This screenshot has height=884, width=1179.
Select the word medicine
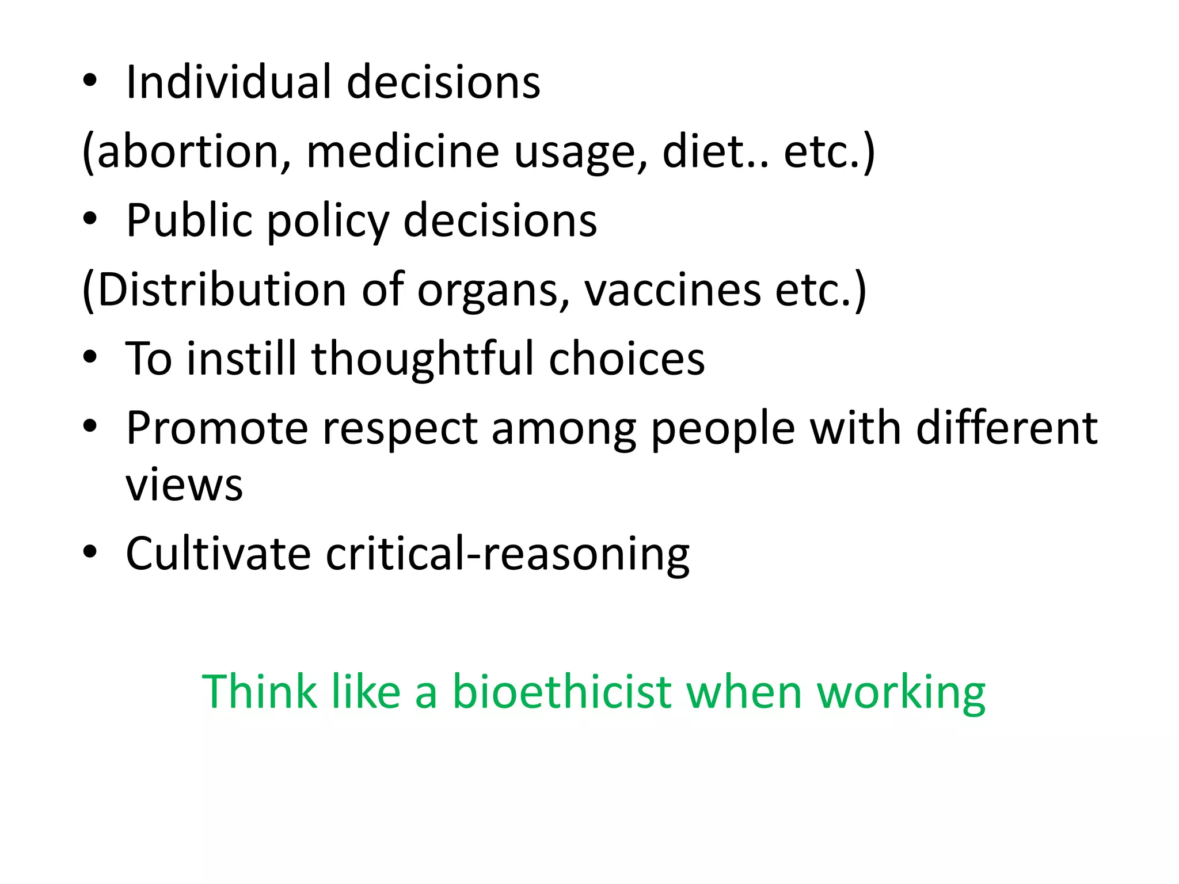[402, 152]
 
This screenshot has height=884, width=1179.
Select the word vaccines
[673, 290]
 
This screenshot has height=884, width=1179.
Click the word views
[184, 485]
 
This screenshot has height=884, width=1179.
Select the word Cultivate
[218, 554]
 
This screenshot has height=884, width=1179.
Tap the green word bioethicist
[562, 692]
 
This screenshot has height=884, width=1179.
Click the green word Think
[259, 692]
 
